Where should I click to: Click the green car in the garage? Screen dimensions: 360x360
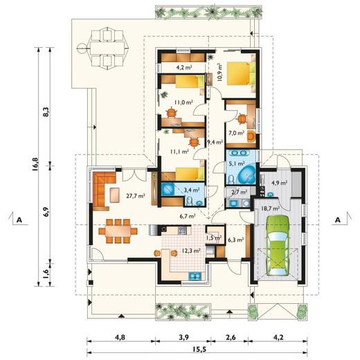pos(277,245)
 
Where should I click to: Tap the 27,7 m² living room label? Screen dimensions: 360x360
pos(136,196)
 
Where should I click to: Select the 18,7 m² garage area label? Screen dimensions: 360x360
pos(270,208)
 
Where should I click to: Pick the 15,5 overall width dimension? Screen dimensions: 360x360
pos(199,350)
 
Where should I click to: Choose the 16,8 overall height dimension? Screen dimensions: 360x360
pos(35,164)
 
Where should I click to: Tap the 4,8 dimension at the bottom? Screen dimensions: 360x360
pos(120,337)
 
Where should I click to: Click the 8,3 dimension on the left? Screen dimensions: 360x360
pos(47,111)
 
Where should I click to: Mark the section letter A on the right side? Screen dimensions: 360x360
pos(338,220)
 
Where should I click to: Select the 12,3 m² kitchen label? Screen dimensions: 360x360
pos(190,251)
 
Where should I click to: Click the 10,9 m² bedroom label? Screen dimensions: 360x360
pos(219,72)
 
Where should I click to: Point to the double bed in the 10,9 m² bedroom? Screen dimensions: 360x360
pos(242,73)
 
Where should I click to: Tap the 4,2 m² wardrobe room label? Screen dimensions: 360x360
pos(184,68)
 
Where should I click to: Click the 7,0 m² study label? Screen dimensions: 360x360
pos(236,133)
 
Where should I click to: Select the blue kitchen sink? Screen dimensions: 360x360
pos(195,276)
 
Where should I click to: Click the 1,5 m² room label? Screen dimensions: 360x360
pos(214,237)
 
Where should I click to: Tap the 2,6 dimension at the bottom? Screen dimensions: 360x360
pos(231,337)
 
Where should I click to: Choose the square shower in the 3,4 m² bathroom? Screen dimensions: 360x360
pos(168,190)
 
